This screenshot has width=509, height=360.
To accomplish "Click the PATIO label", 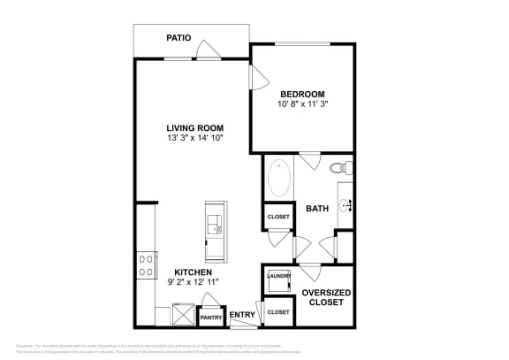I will point(180,38).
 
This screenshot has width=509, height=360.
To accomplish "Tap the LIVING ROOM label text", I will point(194,127).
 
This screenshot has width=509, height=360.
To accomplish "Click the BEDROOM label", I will point(302,95).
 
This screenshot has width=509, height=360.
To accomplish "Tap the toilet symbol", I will point(338,168).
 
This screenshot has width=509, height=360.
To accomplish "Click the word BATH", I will point(316,210).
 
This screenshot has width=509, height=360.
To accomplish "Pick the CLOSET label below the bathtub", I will point(278,216).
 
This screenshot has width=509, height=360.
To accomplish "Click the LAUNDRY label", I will point(278,278).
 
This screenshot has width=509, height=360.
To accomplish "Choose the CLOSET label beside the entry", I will point(278,312).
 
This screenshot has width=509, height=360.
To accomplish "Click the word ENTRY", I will point(241,314).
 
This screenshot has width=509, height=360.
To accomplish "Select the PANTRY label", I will point(210,317).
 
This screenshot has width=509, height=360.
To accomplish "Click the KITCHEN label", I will point(193,272).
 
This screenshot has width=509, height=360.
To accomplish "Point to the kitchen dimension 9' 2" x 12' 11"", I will point(193,282).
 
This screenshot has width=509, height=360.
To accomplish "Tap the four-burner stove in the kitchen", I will point(144,264).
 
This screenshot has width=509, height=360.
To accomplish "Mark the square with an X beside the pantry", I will point(183,312).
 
